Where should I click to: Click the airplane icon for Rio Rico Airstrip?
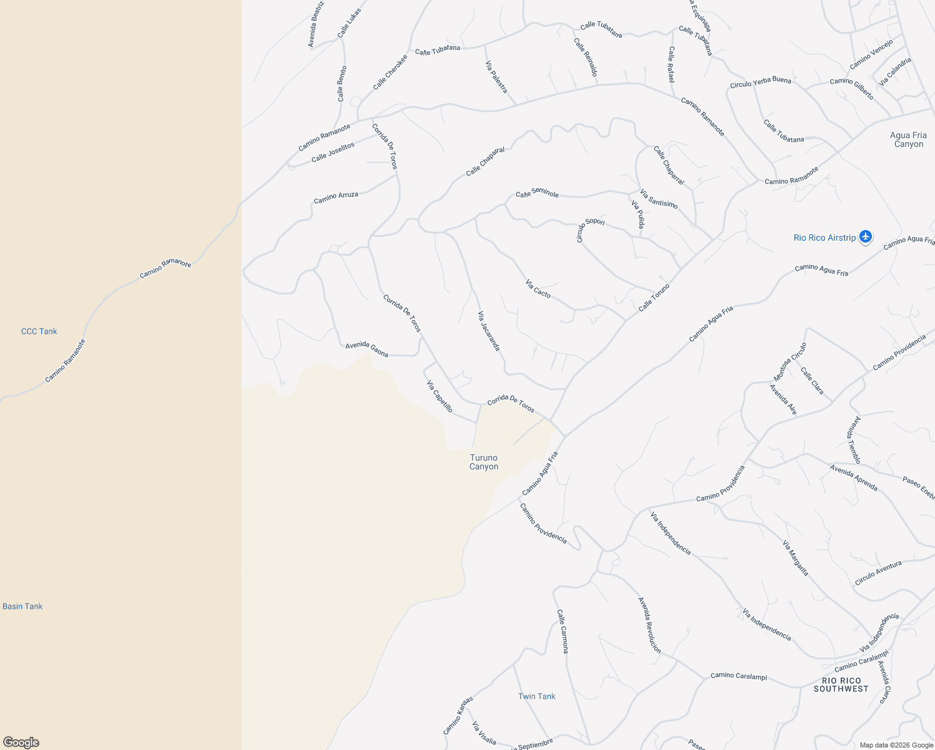point(865,237)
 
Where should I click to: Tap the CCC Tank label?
point(39,331)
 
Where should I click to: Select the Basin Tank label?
point(22,606)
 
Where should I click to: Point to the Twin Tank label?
point(536,696)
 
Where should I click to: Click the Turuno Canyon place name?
point(484,462)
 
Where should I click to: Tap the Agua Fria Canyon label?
point(908,139)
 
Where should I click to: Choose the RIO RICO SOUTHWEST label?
point(841,684)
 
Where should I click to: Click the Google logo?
point(21,742)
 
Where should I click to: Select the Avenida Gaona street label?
point(367,349)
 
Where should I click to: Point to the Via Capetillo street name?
point(439,396)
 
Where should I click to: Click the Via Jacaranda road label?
point(489,331)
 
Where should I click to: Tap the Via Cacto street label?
point(538,289)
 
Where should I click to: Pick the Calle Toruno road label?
point(654,297)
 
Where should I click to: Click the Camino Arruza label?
point(336,197)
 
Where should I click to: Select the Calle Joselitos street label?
point(332,152)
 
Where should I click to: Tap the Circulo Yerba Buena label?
point(760,82)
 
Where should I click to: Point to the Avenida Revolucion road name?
point(649,625)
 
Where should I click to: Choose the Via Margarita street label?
point(795,558)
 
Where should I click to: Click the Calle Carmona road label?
point(562,631)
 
